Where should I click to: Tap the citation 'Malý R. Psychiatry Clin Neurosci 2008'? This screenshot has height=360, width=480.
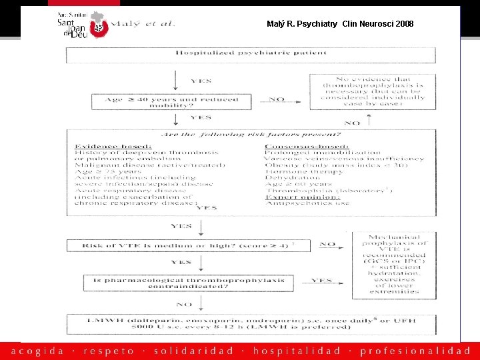pyautogui.click(x=339, y=24)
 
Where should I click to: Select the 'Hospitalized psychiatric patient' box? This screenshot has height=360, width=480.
pyautogui.click(x=251, y=53)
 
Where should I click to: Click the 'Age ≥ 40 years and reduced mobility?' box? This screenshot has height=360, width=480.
pyautogui.click(x=171, y=102)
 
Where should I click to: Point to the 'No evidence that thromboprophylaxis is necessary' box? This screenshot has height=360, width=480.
pyautogui.click(x=373, y=92)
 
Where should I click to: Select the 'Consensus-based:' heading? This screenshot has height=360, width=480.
pyautogui.click(x=306, y=145)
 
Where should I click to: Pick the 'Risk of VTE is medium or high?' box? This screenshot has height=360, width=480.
pyautogui.click(x=184, y=246)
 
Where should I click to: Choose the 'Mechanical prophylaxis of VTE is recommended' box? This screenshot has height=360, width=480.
pyautogui.click(x=394, y=264)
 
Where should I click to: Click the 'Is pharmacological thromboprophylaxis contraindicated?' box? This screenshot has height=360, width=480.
pyautogui.click(x=189, y=283)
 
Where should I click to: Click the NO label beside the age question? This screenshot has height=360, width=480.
pyautogui.click(x=277, y=101)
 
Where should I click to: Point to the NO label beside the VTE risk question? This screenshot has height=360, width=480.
pyautogui.click(x=327, y=245)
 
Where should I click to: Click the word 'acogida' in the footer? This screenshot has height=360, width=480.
pyautogui.click(x=38, y=351)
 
